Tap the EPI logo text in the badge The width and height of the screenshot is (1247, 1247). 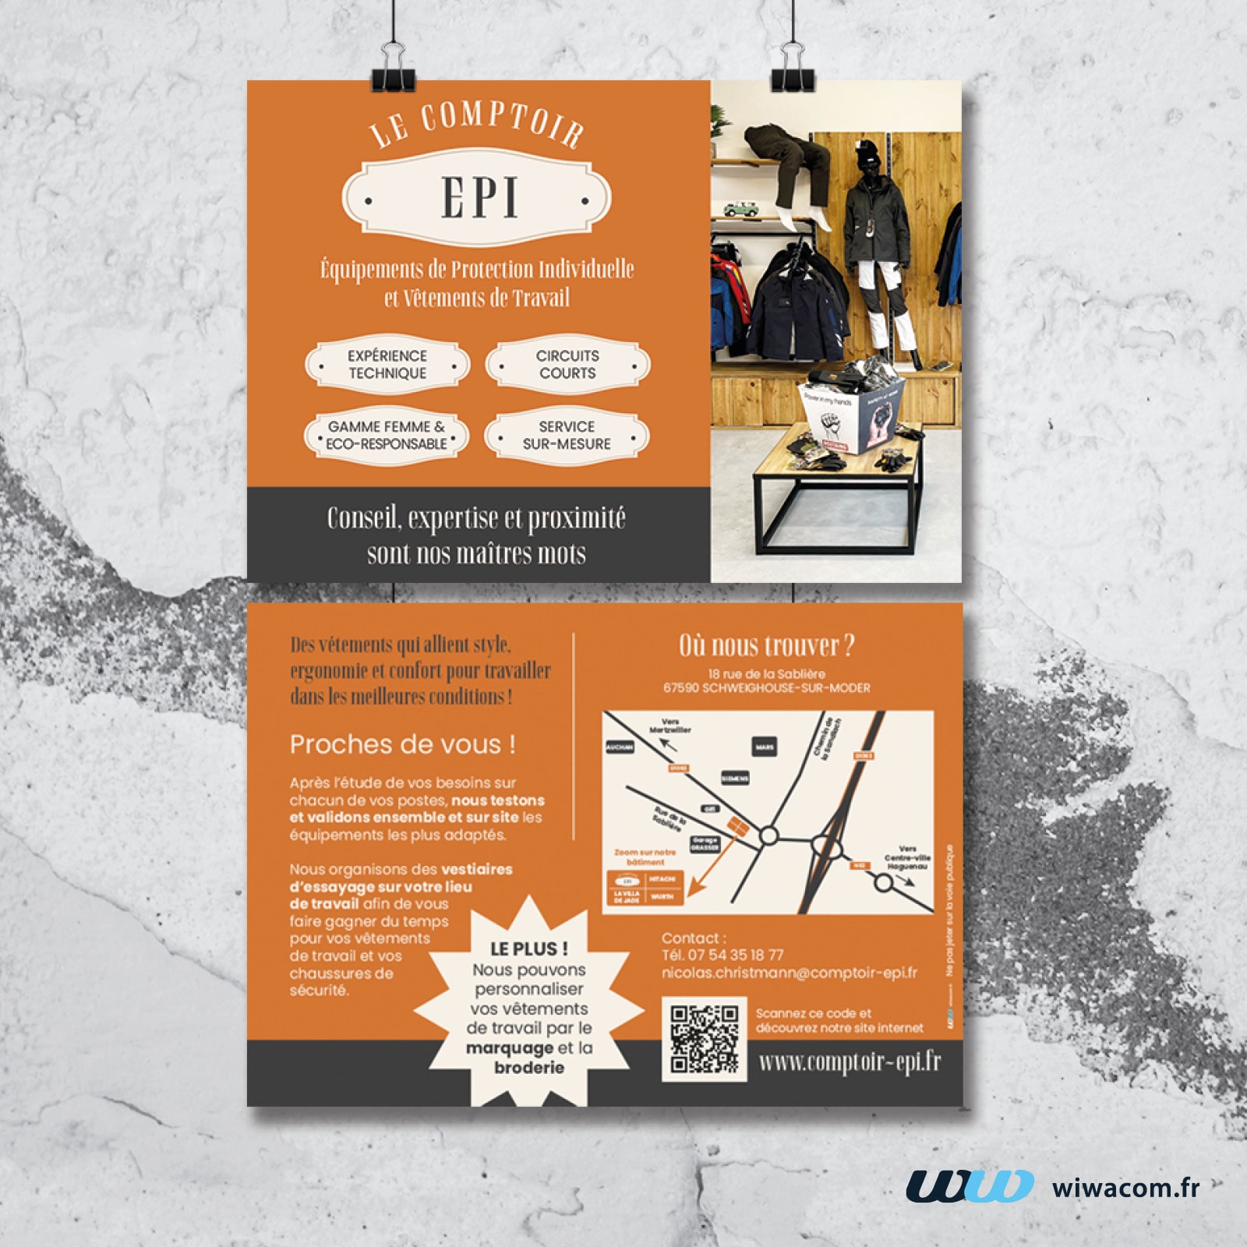479,197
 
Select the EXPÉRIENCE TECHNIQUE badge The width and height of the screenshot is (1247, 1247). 387,364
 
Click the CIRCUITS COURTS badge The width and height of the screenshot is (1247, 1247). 567,364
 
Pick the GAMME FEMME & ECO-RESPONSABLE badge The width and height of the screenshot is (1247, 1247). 387,435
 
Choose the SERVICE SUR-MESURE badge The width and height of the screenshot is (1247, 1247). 567,435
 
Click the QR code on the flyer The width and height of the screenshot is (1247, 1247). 705,1038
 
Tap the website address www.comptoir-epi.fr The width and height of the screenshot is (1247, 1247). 850,1062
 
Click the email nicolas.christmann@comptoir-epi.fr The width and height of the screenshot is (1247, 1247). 789,973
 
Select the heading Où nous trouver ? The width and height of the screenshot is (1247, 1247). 767,645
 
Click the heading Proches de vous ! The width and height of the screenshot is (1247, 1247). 402,744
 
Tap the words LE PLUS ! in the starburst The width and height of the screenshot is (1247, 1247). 528,948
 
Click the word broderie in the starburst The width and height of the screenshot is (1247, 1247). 529,1067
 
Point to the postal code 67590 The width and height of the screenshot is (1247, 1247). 681,688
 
